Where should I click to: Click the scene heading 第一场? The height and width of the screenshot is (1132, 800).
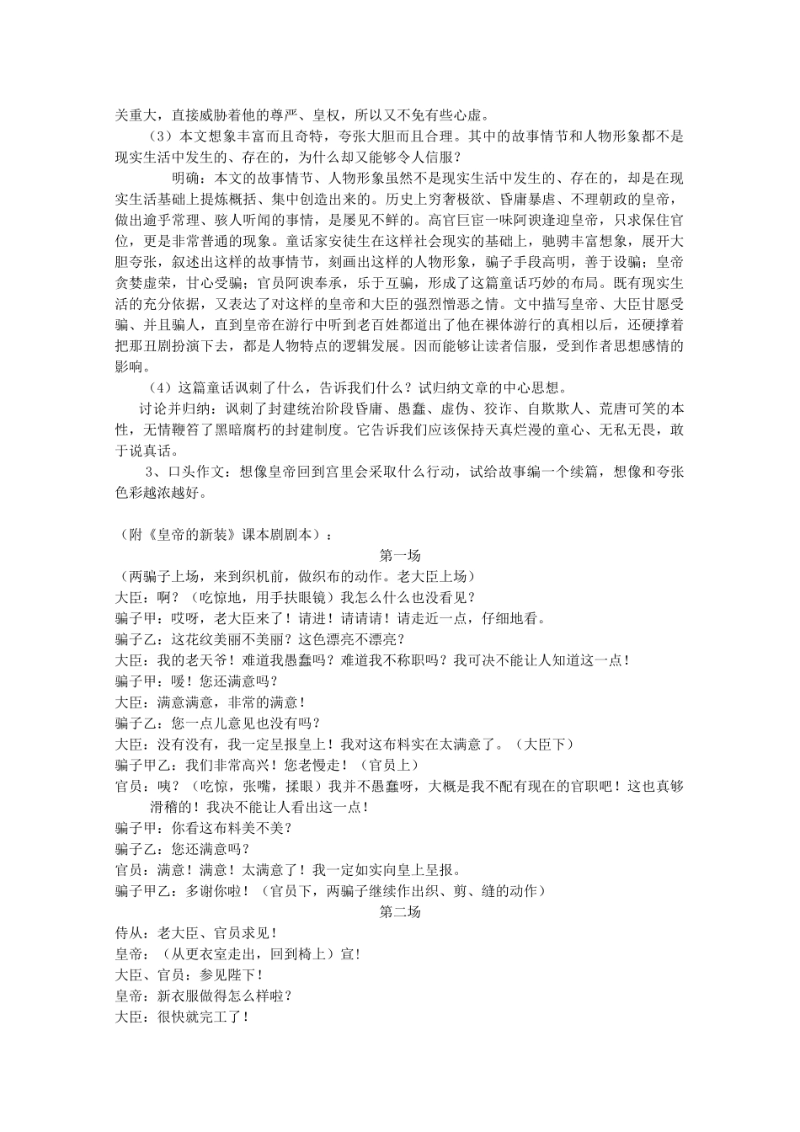pyautogui.click(x=400, y=555)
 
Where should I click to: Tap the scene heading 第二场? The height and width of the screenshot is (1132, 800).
pyautogui.click(x=400, y=912)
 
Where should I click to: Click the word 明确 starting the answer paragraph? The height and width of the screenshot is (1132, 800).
pyautogui.click(x=187, y=179)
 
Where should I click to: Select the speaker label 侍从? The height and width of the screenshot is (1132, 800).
pyautogui.click(x=129, y=933)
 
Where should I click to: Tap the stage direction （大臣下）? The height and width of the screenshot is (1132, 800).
pyautogui.click(x=547, y=744)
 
